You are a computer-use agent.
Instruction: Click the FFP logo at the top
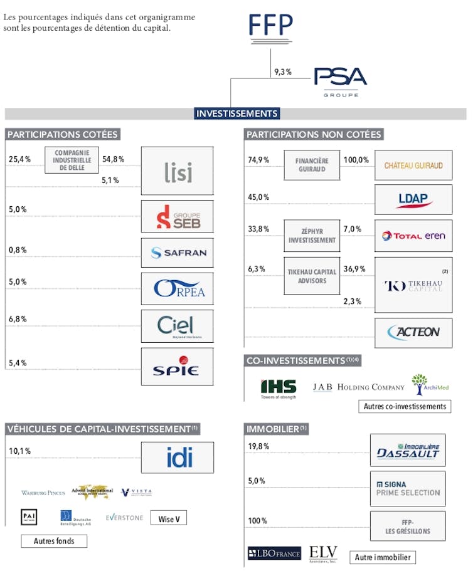[270, 26]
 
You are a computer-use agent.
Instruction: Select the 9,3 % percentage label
[283, 72]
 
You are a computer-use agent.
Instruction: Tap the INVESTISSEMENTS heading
[236, 113]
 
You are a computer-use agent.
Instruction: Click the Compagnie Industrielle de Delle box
[72, 160]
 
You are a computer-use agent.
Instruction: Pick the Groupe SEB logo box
[178, 216]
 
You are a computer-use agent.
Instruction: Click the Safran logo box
[178, 253]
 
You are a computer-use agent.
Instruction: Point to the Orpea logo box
[178, 289]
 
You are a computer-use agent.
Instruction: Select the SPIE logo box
[178, 366]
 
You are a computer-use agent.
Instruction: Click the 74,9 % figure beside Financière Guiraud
[258, 160]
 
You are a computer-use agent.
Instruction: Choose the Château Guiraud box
[413, 165]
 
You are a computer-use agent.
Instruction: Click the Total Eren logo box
[413, 236]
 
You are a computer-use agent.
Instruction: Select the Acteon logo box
[413, 332]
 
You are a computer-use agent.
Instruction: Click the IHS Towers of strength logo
[279, 389]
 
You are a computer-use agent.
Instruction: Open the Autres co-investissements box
[406, 406]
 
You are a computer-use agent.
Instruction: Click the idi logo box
[178, 458]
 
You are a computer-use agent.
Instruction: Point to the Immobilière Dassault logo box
[408, 450]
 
